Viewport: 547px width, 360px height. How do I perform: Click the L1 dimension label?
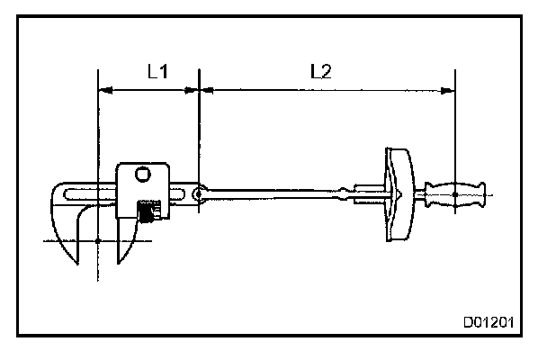[157, 72]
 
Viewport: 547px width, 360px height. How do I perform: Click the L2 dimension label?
[320, 72]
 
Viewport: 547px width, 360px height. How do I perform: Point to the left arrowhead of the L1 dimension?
[102, 90]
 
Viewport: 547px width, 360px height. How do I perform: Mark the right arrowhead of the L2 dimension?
[449, 90]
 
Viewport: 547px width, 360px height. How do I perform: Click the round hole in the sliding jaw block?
[141, 175]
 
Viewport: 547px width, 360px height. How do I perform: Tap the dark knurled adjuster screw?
[148, 212]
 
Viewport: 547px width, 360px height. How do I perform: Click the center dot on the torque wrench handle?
[456, 193]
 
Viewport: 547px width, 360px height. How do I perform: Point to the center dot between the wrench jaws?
[96, 239]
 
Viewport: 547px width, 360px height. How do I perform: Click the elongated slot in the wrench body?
[90, 193]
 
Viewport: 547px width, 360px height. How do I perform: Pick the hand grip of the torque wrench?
[459, 193]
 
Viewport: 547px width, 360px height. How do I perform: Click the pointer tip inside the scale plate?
[389, 193]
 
